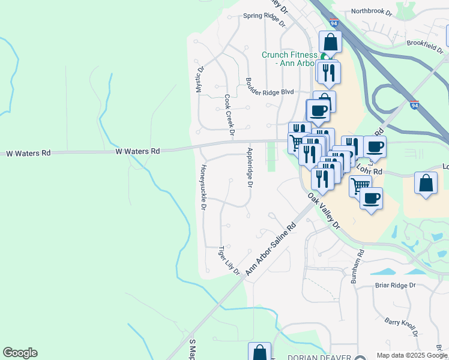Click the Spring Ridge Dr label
[264, 17]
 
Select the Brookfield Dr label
[424, 43]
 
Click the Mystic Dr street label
[200, 79]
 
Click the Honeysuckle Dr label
[203, 187]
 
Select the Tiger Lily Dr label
[229, 260]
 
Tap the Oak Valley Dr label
[324, 211]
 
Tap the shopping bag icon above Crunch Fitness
[330, 41]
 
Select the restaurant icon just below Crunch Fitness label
[328, 72]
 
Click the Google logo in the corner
[20, 353]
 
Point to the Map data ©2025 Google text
[412, 355]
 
